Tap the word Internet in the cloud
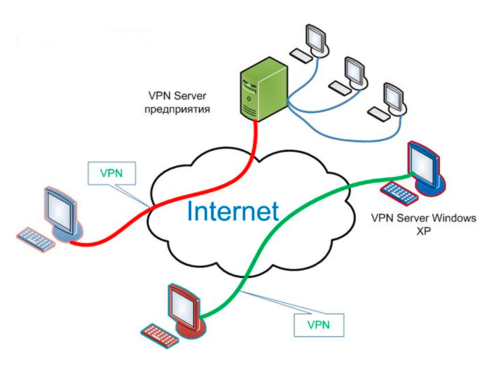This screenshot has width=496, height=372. tap(233, 211)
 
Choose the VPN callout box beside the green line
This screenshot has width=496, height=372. tap(318, 324)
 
